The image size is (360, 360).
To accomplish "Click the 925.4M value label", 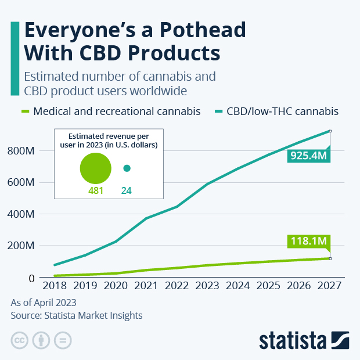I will click(308, 156).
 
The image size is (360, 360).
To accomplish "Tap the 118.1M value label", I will click(308, 242).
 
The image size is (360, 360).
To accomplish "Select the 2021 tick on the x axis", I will click(145, 286).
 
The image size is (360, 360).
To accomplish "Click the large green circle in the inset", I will click(96, 168).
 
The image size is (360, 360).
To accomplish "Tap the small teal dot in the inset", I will click(127, 168).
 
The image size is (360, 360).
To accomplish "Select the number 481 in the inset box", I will click(96, 190).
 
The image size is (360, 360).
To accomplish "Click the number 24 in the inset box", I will click(127, 190).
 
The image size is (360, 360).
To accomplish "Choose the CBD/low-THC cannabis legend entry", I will click(285, 111).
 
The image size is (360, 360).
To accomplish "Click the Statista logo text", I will click(294, 340).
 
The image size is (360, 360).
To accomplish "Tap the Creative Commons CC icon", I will click(20, 340).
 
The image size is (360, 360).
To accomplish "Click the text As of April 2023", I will click(44, 303).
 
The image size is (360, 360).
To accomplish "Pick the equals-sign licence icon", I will click(63, 340).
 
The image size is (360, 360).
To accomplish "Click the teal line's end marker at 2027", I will click(330, 131).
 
